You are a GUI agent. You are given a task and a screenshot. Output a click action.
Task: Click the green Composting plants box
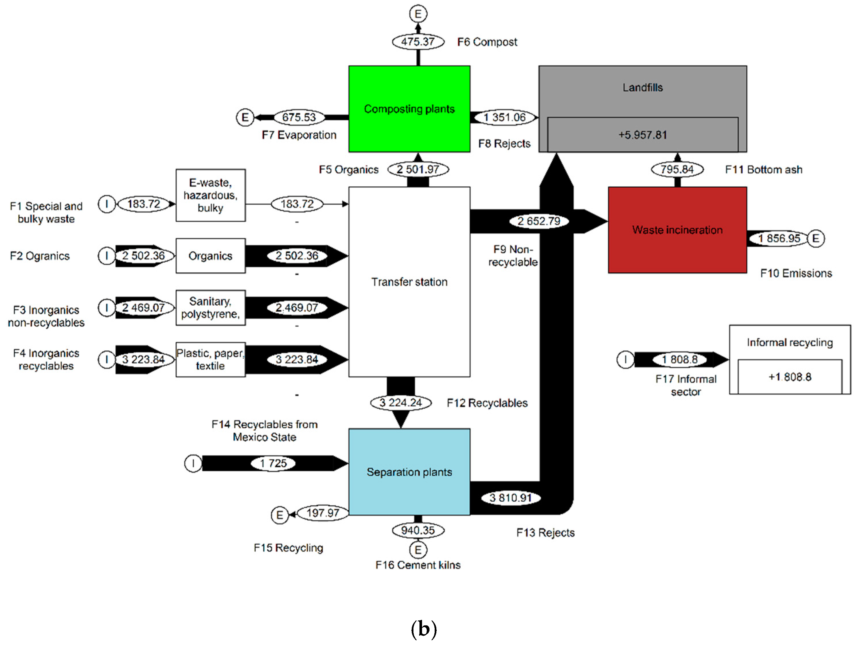click(409, 109)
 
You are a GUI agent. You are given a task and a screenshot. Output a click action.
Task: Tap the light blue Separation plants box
click(409, 472)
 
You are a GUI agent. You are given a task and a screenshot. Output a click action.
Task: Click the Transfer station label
click(409, 282)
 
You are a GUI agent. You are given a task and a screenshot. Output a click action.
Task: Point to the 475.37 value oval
click(418, 42)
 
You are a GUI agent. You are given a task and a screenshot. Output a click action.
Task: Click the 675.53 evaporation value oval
click(299, 117)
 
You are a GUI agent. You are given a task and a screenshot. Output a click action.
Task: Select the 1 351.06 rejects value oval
click(504, 117)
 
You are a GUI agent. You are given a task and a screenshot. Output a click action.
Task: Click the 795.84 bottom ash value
click(677, 169)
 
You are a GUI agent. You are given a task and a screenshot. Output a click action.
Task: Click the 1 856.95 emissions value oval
click(779, 238)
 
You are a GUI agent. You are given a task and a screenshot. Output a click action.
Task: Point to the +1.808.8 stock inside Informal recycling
click(790, 376)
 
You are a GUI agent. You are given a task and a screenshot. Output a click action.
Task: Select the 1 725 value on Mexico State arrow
click(273, 463)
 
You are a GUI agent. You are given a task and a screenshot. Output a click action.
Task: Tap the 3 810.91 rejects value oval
click(510, 498)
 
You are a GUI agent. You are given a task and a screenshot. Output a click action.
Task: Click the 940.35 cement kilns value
click(418, 530)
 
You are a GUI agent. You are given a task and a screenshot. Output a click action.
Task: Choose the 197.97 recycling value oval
click(323, 513)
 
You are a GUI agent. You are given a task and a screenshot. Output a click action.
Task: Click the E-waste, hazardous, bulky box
click(210, 195)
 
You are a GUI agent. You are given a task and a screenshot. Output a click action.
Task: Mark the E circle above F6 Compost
click(418, 14)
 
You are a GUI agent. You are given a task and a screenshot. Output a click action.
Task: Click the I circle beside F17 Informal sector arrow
click(625, 360)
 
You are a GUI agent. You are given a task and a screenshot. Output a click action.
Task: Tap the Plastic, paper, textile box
click(210, 360)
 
